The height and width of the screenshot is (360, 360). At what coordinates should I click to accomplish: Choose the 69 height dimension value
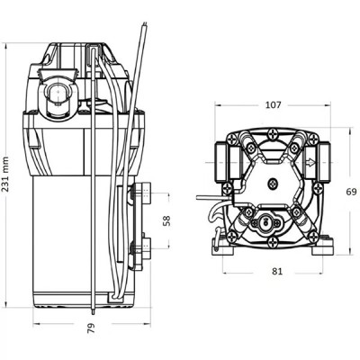pyautogui.click(x=351, y=191)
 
